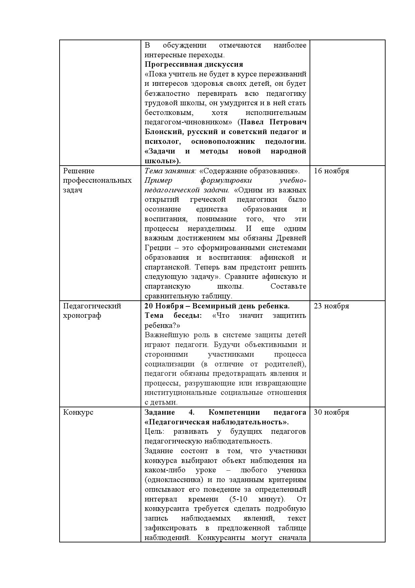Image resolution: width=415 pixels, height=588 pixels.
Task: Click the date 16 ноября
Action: pos(331,171)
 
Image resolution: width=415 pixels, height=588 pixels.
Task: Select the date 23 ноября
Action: pos(331,306)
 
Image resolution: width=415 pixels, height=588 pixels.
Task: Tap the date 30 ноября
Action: pos(331,412)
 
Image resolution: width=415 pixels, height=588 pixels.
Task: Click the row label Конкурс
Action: pos(78,412)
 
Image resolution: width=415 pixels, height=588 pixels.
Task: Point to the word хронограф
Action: pos(82,316)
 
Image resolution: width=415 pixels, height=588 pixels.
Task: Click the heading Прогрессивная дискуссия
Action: pos(194,64)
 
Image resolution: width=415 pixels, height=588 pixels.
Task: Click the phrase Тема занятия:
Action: pos(170,171)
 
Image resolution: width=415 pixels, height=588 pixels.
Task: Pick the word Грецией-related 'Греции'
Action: pos(156,248)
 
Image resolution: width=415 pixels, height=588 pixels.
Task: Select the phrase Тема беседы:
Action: pos(173,316)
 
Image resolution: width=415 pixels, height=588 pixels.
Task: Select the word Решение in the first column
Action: pos(79,171)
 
